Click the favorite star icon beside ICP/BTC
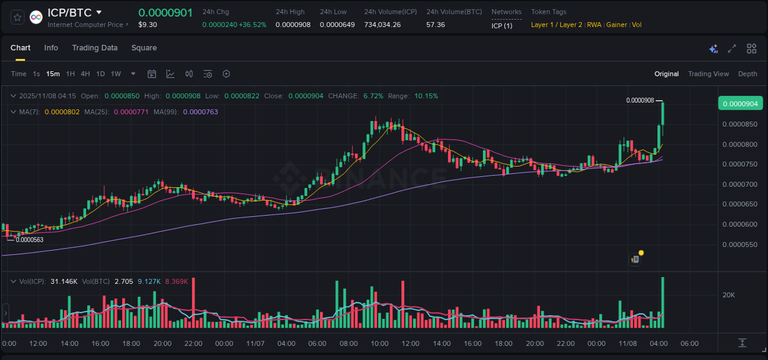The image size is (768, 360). point(17,17)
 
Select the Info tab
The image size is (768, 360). point(51,48)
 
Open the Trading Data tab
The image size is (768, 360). point(95,48)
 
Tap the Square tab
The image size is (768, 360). point(144,48)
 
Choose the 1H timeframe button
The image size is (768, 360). point(70,74)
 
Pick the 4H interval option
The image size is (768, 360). point(85,74)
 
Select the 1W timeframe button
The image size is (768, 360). point(116,74)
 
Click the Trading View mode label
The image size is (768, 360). point(708,74)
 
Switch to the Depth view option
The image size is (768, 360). point(747,74)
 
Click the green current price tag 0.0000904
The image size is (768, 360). point(740,103)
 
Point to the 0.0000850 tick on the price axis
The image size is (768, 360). point(740,124)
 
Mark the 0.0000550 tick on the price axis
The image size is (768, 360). point(740,245)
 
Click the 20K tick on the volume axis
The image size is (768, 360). point(729,295)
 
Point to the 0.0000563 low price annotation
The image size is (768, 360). point(29,240)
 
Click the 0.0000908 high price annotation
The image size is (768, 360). point(640,100)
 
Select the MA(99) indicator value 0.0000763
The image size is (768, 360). point(200,112)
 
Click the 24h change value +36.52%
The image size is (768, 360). point(253,25)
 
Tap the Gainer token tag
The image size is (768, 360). point(616,25)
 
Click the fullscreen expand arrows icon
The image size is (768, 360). point(732,49)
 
